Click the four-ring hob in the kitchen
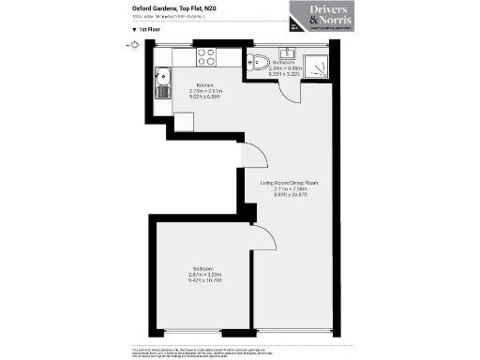point(206,56)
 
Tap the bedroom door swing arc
point(265,241)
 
